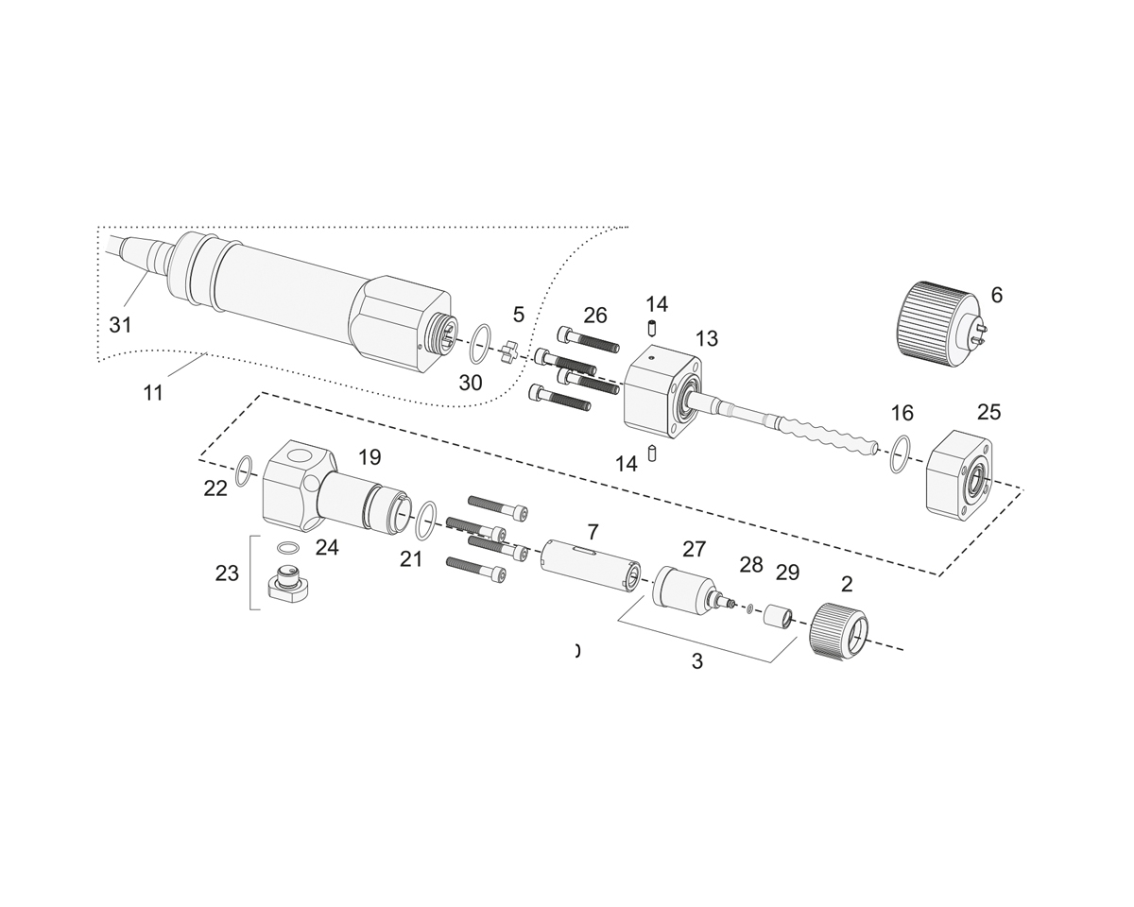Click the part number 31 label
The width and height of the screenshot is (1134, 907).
point(120,325)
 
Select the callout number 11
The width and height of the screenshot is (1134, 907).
point(153,393)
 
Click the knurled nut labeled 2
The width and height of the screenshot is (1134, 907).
point(837,629)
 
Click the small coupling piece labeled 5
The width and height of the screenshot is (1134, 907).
point(510,351)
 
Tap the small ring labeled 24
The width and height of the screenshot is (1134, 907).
point(287,548)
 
